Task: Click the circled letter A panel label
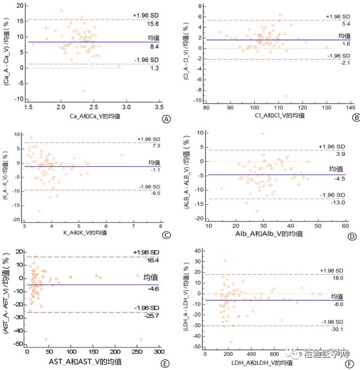tap(165, 119)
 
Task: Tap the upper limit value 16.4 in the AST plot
tap(153, 261)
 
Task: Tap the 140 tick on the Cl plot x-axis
tap(350, 107)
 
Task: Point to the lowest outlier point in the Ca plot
tap(83, 91)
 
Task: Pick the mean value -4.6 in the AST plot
tap(153, 289)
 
